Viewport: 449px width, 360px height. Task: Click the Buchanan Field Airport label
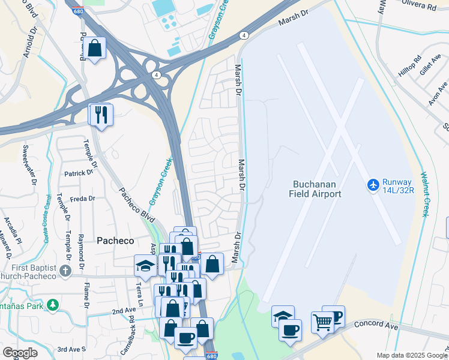[317, 189]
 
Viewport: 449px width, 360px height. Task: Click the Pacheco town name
[115, 240]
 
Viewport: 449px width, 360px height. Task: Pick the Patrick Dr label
[79, 172]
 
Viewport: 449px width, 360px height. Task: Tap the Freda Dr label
[83, 199]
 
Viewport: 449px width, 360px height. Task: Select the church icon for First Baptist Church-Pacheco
[65, 271]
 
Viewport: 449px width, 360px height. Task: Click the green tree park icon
[53, 305]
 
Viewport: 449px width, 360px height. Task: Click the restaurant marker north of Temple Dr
[100, 114]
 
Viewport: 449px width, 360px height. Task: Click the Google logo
[20, 352]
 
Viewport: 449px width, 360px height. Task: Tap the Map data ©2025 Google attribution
[411, 355]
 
